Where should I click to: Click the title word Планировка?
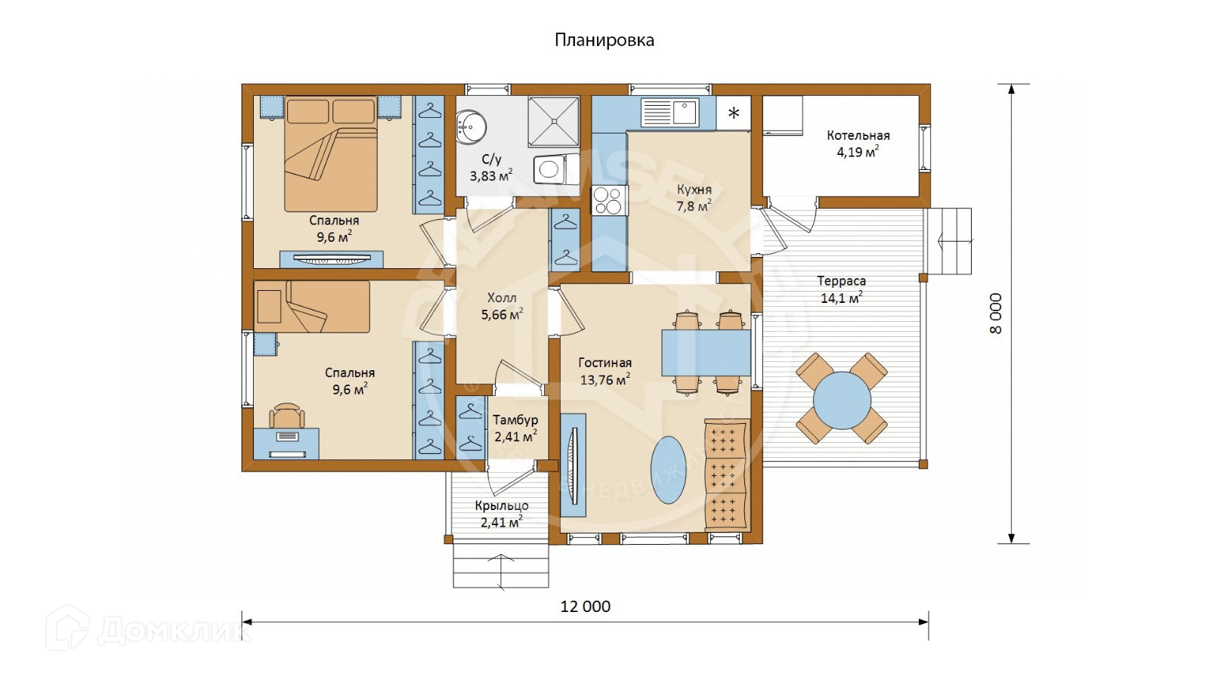[604, 40]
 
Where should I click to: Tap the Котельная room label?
[858, 135]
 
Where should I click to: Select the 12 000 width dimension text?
[586, 607]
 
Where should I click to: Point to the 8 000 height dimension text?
[996, 314]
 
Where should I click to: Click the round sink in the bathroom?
[471, 128]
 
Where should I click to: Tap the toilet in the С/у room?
[556, 169]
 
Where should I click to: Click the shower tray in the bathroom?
[554, 122]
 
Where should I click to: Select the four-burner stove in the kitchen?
[610, 201]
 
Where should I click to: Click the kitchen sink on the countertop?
[685, 113]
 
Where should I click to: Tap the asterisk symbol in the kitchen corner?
[734, 113]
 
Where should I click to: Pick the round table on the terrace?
[842, 400]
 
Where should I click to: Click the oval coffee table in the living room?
[669, 470]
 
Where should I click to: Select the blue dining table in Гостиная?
[707, 352]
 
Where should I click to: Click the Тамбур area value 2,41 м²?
[515, 435]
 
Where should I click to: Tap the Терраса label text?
[842, 281]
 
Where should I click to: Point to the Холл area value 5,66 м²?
[502, 314]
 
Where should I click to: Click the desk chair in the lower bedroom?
[286, 416]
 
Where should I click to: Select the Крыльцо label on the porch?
[502, 506]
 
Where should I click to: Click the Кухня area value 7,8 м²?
[694, 206]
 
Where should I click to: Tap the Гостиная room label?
[605, 363]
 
